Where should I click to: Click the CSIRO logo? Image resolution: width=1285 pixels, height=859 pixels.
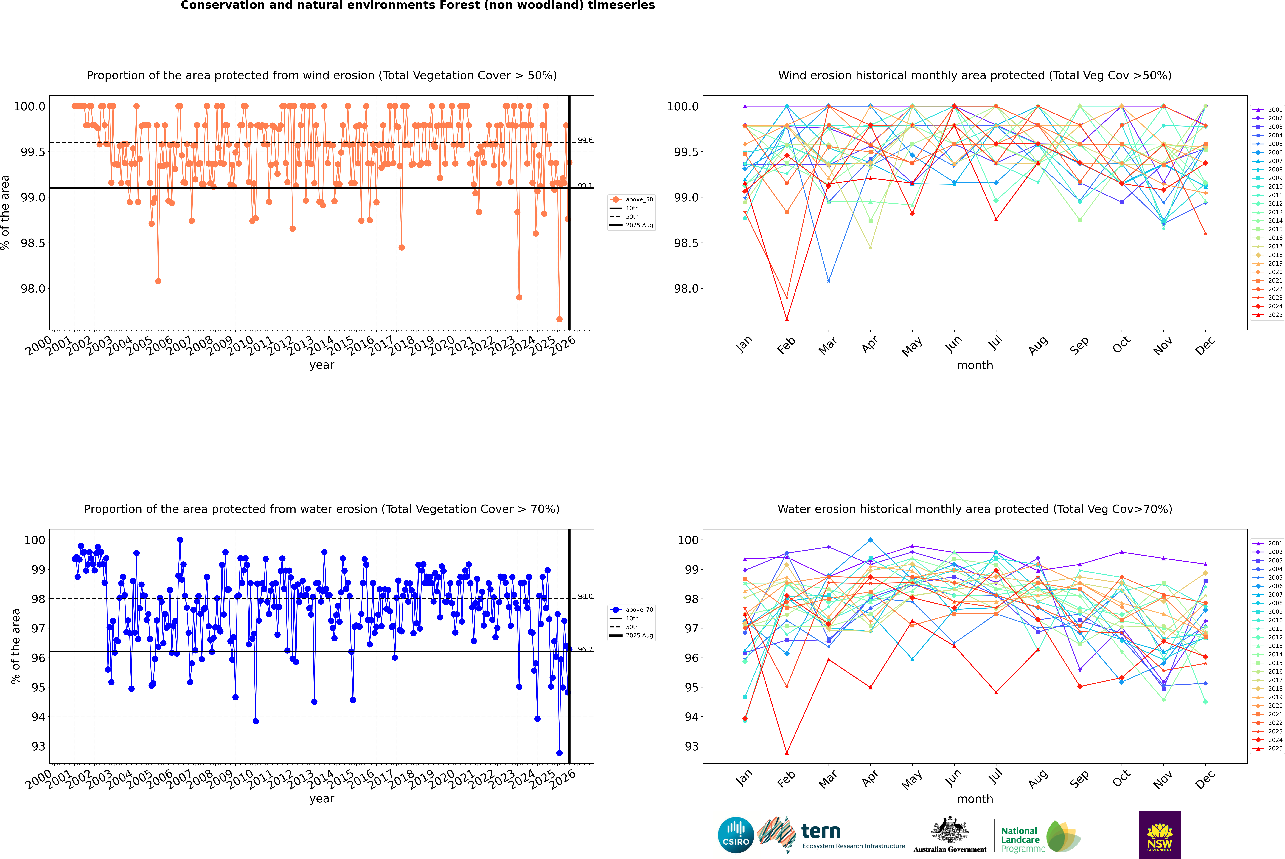(x=736, y=835)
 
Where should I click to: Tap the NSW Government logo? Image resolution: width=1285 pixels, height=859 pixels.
(x=1160, y=835)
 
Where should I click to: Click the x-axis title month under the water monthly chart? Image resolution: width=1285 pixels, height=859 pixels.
(x=974, y=799)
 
